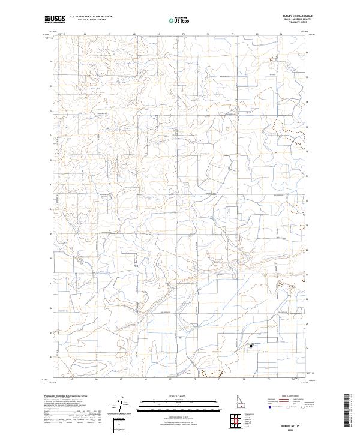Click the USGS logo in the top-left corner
pos(54,20)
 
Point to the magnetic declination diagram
pos(119,405)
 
